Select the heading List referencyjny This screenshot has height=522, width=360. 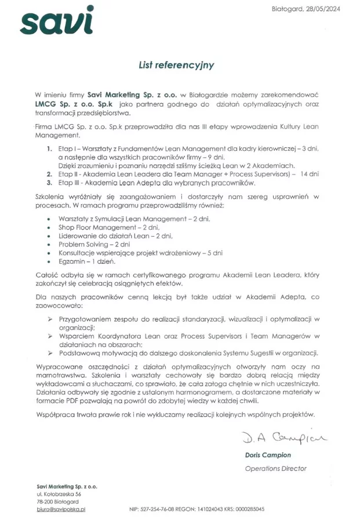tap(176, 65)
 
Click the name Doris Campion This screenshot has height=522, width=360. tap(267, 455)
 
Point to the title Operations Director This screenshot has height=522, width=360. tap(275, 468)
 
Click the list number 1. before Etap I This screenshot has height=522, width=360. tap(50, 149)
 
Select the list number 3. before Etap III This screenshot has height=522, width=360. tap(50, 182)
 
